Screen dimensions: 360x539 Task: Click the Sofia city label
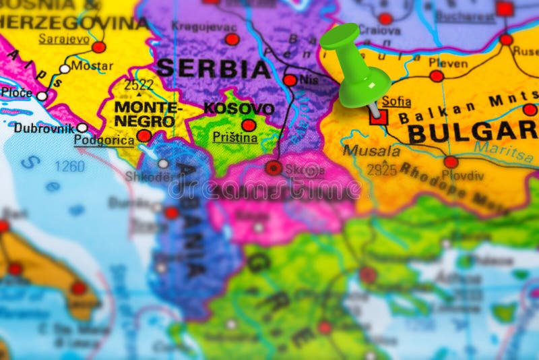click(396, 102)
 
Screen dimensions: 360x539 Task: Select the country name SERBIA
click(214, 69)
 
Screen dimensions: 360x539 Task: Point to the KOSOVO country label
click(239, 109)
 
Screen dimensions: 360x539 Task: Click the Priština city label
click(235, 138)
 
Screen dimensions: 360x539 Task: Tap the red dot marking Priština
click(249, 125)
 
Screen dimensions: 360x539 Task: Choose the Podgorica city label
click(103, 140)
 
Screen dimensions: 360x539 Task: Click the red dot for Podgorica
click(144, 136)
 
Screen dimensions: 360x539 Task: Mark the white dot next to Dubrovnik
click(82, 127)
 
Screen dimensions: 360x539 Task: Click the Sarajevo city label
click(64, 38)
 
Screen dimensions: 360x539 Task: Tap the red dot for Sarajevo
click(99, 47)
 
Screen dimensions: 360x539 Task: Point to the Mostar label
click(92, 67)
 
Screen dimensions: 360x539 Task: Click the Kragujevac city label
click(204, 26)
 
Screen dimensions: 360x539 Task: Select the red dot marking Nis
click(290, 80)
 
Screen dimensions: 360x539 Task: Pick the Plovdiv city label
click(464, 176)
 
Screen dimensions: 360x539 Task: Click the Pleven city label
click(447, 63)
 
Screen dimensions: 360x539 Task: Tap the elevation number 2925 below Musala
click(382, 170)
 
